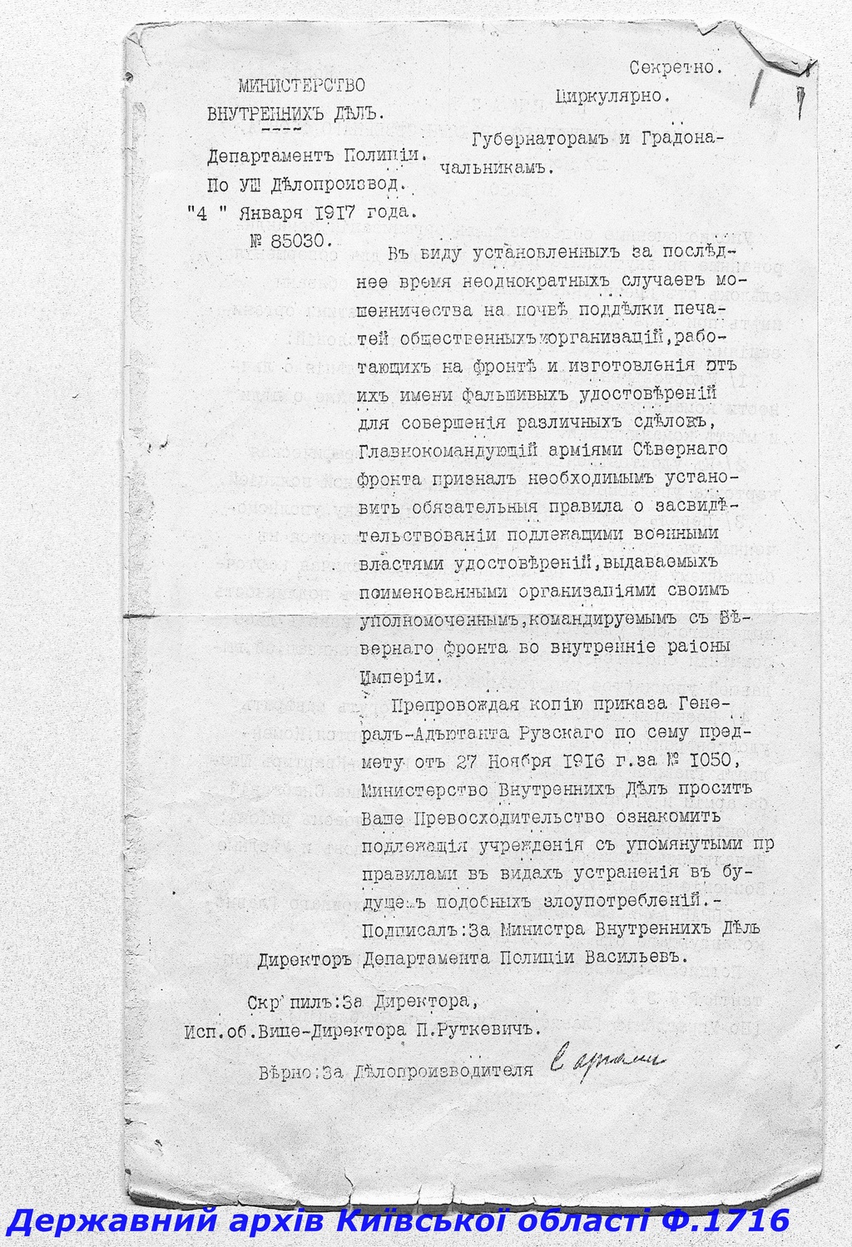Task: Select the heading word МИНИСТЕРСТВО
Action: pos(301,83)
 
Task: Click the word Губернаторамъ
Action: pos(540,138)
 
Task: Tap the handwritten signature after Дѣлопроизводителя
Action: pos(607,1061)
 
